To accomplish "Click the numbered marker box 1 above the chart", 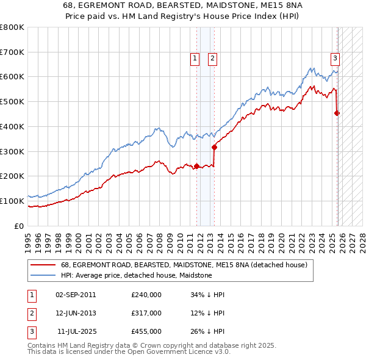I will (195, 59).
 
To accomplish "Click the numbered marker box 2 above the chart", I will (212, 59).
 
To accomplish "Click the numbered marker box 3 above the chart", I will (335, 59).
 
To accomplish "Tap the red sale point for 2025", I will (337, 113).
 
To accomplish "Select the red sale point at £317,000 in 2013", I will (214, 147).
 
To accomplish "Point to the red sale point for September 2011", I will (196, 166).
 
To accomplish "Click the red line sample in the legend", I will (43, 265).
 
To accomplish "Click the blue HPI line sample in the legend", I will (43, 275).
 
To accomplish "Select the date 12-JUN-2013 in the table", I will (76, 312).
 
